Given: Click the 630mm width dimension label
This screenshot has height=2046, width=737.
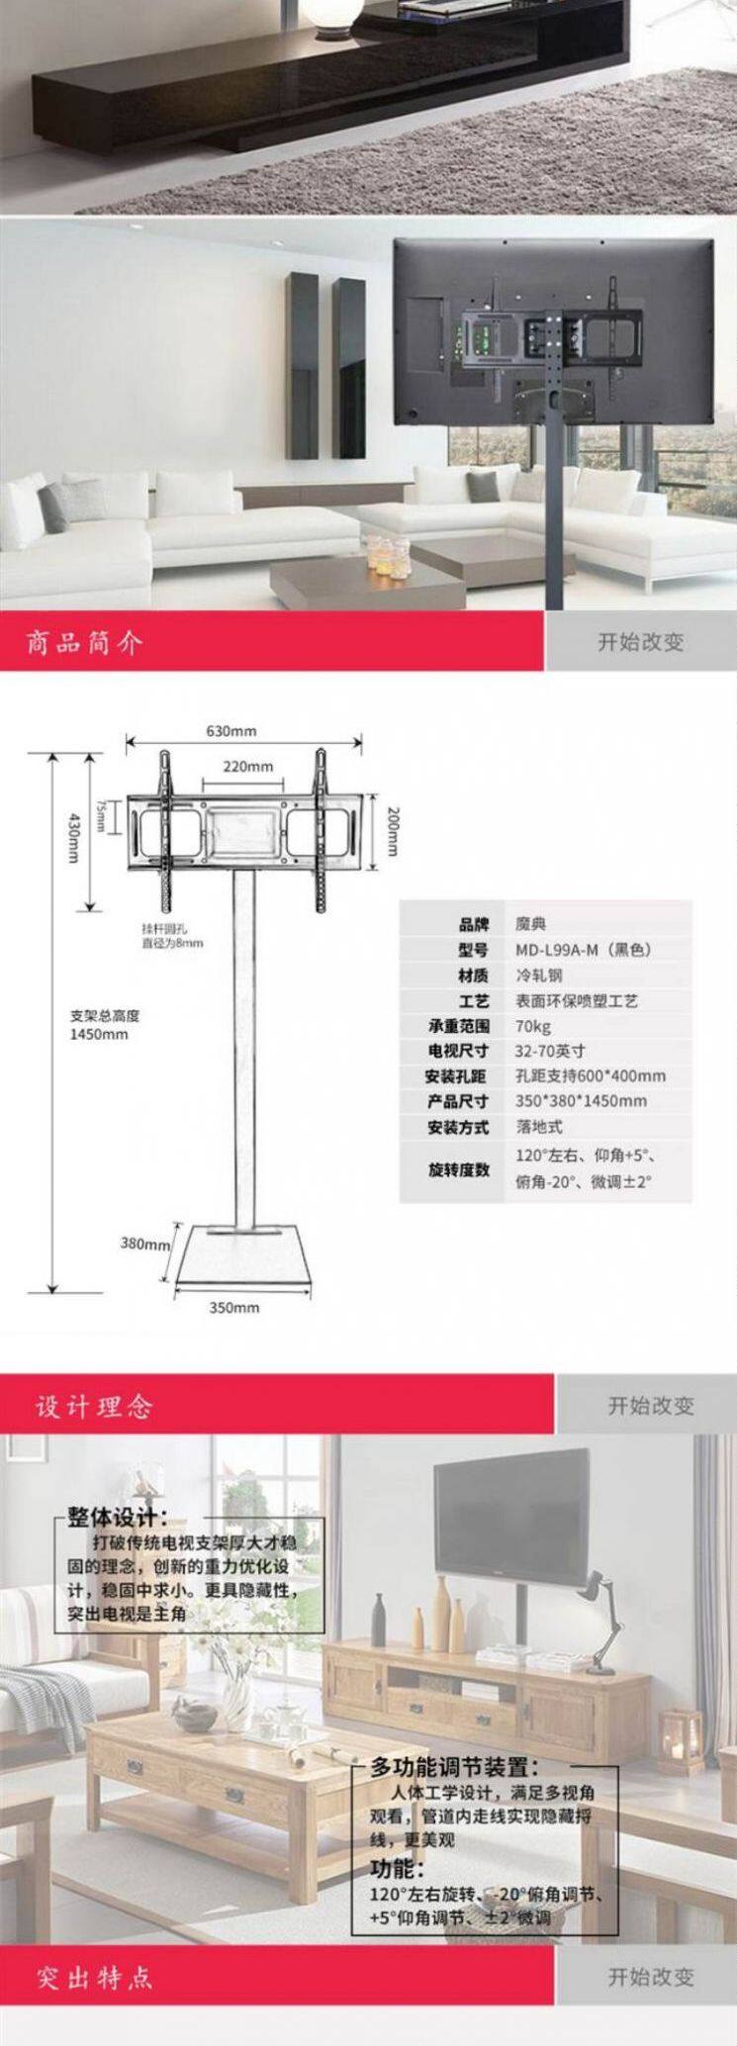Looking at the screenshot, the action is [230, 731].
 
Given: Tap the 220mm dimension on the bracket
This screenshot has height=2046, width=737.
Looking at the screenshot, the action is [247, 766].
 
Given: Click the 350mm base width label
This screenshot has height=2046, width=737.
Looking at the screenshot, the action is [234, 1307].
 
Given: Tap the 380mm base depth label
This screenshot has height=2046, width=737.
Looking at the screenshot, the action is [144, 1244].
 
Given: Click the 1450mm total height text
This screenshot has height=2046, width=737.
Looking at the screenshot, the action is [99, 1035].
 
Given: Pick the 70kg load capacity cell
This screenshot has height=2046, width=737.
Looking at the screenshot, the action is [533, 1026].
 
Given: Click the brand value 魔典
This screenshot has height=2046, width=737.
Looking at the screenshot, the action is [530, 924].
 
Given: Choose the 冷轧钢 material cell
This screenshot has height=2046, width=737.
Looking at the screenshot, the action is [538, 976].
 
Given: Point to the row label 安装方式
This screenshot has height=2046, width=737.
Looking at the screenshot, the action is [458, 1127].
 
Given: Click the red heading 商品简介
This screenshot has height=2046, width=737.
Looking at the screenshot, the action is [85, 643].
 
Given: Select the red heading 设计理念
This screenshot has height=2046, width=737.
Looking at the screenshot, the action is [95, 1406].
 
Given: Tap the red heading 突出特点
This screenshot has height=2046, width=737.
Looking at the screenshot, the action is [95, 1978].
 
